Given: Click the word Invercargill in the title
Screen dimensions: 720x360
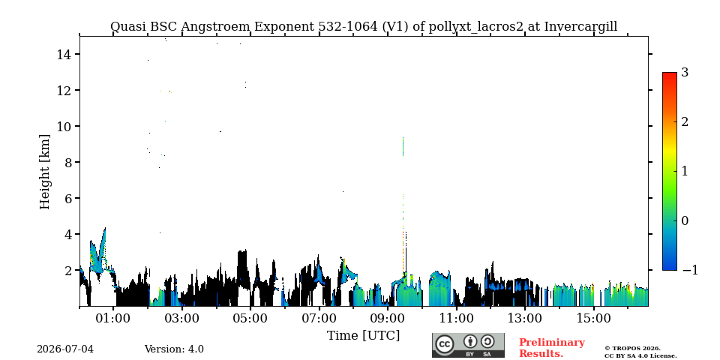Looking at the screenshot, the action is click(x=580, y=27).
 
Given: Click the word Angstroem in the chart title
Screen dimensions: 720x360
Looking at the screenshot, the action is click(x=215, y=27).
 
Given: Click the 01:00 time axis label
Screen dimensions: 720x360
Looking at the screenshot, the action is click(x=113, y=318).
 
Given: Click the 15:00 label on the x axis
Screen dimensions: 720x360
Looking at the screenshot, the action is click(x=592, y=318).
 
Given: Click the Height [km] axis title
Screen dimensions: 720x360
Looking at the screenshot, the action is click(x=44, y=172).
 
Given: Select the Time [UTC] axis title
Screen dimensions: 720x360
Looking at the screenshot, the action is click(x=363, y=336).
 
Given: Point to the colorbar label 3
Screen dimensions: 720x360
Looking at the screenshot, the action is click(x=685, y=73).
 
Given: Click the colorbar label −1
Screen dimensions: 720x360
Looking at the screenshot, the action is click(x=690, y=270).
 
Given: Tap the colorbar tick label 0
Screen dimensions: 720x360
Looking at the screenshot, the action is click(x=685, y=220).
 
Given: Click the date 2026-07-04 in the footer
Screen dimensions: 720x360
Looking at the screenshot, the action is click(x=65, y=349).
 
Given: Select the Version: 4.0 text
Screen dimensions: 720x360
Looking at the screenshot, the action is click(x=174, y=349).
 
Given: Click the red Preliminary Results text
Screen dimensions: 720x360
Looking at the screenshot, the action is click(x=552, y=348).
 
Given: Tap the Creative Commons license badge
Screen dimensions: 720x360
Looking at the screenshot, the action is click(x=468, y=345).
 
